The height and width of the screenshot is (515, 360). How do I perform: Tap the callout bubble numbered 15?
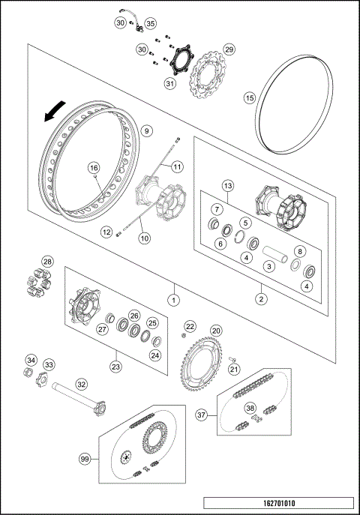tap(250, 97)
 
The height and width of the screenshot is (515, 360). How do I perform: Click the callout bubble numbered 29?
tap(229, 49)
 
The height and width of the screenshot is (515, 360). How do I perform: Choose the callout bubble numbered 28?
tap(47, 262)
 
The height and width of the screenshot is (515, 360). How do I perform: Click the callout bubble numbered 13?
tap(229, 185)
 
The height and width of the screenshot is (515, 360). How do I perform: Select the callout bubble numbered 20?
tap(216, 331)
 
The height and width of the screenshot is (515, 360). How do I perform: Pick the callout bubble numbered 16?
tap(94, 168)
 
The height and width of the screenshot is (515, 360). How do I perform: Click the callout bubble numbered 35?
tap(151, 23)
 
